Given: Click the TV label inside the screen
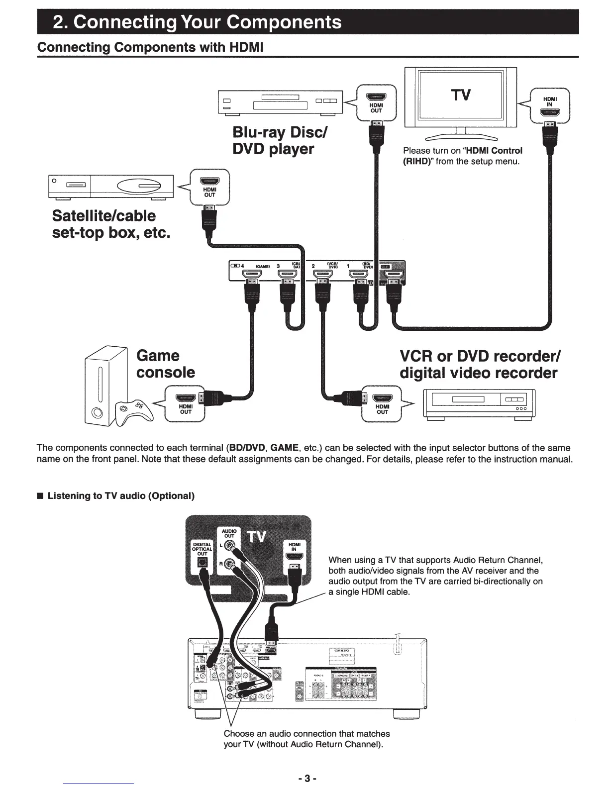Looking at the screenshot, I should [461, 95].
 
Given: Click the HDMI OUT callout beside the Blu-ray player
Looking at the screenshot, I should [376, 102].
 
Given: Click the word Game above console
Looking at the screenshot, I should [158, 356].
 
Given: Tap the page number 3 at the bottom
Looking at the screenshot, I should [307, 778].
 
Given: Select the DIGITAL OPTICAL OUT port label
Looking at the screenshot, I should [203, 549].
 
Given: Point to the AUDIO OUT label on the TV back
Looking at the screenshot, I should [229, 533].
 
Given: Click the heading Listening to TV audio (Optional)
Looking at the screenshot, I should [120, 496].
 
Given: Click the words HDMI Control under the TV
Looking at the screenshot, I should [493, 151].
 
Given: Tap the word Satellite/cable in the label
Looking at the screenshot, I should [104, 216].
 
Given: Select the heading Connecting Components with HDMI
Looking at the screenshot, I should [150, 47].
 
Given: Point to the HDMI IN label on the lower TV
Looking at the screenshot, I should [294, 547].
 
